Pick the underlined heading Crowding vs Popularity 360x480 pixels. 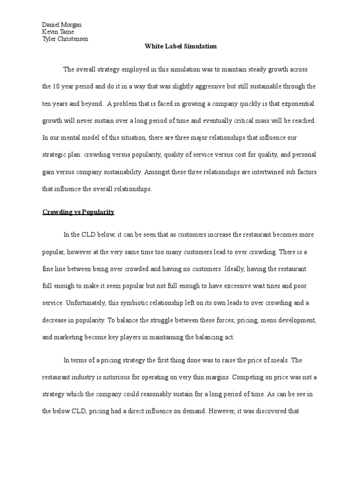tap(78, 212)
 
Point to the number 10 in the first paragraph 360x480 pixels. tap(56, 86)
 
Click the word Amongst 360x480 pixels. tap(159, 172)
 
